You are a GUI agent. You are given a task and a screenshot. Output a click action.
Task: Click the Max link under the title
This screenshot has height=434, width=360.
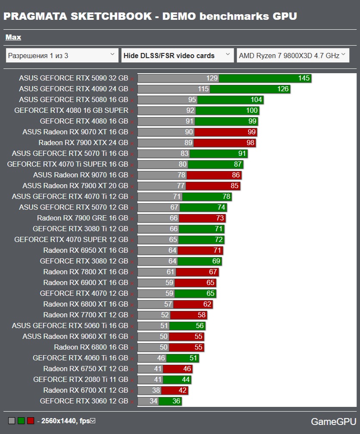pyautogui.click(x=13, y=37)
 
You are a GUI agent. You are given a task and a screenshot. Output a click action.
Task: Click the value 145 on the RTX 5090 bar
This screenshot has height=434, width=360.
pyautogui.click(x=304, y=78)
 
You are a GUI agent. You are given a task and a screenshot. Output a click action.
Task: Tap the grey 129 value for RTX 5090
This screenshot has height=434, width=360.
pyautogui.click(x=212, y=78)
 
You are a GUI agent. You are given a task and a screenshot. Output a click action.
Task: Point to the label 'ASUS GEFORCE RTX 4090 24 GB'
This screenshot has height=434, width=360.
pyautogui.click(x=73, y=89)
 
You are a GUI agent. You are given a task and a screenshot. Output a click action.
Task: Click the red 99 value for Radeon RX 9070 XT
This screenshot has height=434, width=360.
pyautogui.click(x=251, y=132)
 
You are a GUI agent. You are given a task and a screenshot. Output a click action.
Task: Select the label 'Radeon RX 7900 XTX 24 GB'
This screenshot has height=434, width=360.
pyautogui.click(x=83, y=143)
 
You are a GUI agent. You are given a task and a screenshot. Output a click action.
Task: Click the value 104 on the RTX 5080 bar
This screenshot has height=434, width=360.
pyautogui.click(x=256, y=100)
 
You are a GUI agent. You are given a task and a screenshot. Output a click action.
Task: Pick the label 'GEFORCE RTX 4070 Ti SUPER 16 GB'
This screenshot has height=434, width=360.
pyautogui.click(x=68, y=164)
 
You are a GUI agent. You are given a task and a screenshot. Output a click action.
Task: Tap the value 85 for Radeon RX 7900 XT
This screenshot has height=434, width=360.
pyautogui.click(x=234, y=186)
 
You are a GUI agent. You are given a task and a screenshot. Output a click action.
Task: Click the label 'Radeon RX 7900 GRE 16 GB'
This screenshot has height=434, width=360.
pyautogui.click(x=82, y=218)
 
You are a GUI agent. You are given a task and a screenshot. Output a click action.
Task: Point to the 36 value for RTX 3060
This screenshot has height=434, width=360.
pyautogui.click(x=176, y=401)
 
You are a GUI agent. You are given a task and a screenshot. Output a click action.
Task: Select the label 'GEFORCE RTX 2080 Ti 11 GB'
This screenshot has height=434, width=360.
pyautogui.click(x=81, y=380)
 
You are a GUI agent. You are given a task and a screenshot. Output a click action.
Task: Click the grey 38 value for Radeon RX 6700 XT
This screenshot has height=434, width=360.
pyautogui.click(x=155, y=391)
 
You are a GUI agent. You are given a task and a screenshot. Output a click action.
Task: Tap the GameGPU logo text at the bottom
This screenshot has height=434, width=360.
pyautogui.click(x=333, y=422)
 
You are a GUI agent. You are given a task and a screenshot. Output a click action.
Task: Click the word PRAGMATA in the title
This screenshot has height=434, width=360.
pyautogui.click(x=34, y=16)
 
